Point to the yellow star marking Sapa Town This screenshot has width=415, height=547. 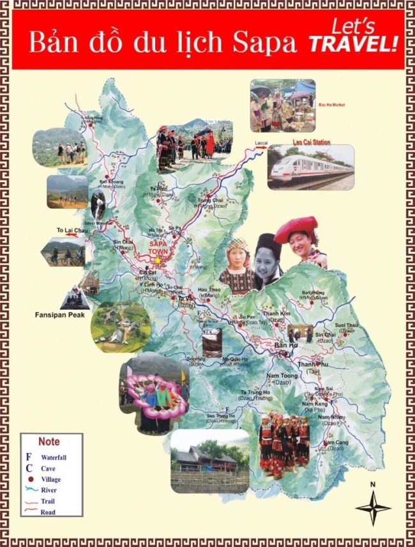click(158, 259)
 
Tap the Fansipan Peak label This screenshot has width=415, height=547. click(59, 314)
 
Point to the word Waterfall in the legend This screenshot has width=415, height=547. click(54, 458)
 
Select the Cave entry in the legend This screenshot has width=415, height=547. click(48, 468)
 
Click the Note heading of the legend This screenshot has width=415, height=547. click(49, 442)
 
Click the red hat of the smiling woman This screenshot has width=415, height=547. click(301, 226)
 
